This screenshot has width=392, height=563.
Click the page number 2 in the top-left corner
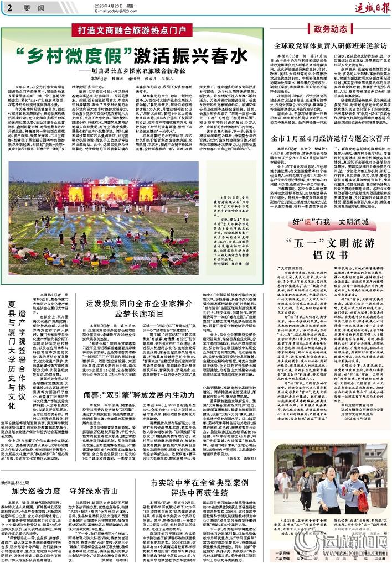point(9,8)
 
